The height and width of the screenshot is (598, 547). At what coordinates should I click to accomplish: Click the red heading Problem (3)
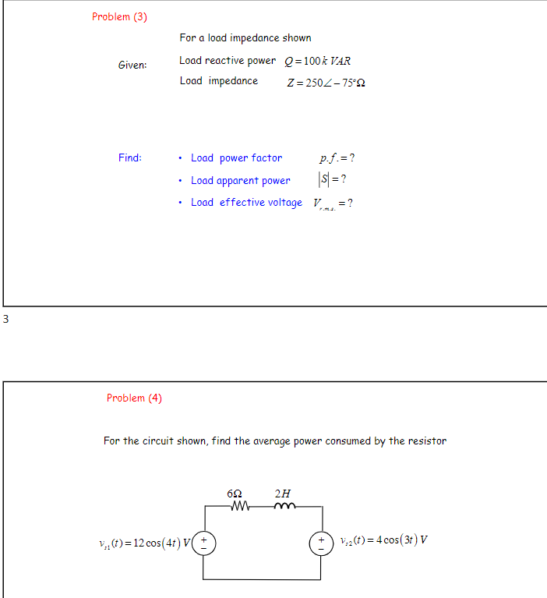pos(119,16)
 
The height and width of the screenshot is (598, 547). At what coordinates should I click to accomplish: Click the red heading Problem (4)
pos(134,398)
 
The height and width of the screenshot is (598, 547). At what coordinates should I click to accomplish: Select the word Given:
pos(132,65)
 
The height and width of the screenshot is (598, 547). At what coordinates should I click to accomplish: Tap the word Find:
pos(130,157)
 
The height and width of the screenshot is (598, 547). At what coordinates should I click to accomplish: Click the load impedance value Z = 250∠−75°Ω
pos(326,83)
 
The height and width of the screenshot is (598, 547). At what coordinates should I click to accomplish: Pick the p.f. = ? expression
pos(337,158)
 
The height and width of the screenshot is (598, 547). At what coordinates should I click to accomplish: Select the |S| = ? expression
pos(333,179)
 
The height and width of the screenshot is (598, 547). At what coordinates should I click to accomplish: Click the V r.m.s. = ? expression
pos(333,203)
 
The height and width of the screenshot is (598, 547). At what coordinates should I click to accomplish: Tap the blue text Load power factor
pos(236,157)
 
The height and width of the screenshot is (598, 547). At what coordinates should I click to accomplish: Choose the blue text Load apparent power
pos(240,180)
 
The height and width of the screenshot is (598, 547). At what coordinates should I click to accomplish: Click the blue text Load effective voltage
pos(246,203)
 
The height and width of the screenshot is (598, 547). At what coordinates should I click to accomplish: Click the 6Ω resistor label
pos(234,494)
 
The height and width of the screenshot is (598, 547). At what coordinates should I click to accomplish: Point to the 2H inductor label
pos(282,493)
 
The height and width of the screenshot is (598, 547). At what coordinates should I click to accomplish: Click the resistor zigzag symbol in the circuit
pos(239,507)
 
